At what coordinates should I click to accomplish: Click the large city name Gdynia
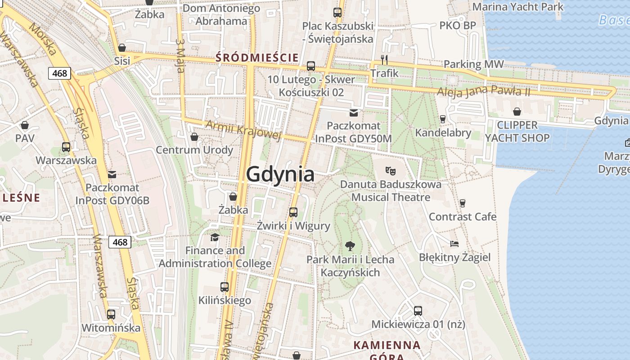(x=280, y=174)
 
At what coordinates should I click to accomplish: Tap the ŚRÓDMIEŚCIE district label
(x=257, y=58)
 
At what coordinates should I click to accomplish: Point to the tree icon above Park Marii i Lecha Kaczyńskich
(x=350, y=246)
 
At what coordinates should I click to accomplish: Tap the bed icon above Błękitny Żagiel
(x=454, y=244)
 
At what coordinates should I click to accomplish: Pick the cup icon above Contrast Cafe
(x=462, y=203)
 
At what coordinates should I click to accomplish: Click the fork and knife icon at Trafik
(x=384, y=59)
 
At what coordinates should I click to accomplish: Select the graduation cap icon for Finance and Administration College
(x=215, y=237)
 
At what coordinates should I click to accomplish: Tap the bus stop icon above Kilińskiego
(x=225, y=287)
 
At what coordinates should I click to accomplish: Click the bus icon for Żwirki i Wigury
(x=293, y=212)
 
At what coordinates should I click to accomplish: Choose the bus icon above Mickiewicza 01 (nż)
(x=418, y=310)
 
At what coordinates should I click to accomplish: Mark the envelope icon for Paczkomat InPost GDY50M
(x=354, y=112)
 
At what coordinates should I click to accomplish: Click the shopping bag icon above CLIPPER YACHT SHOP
(x=517, y=111)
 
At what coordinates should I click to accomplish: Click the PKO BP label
(x=457, y=26)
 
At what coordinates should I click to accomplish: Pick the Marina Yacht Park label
(x=517, y=7)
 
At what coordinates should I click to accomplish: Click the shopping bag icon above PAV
(x=25, y=125)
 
